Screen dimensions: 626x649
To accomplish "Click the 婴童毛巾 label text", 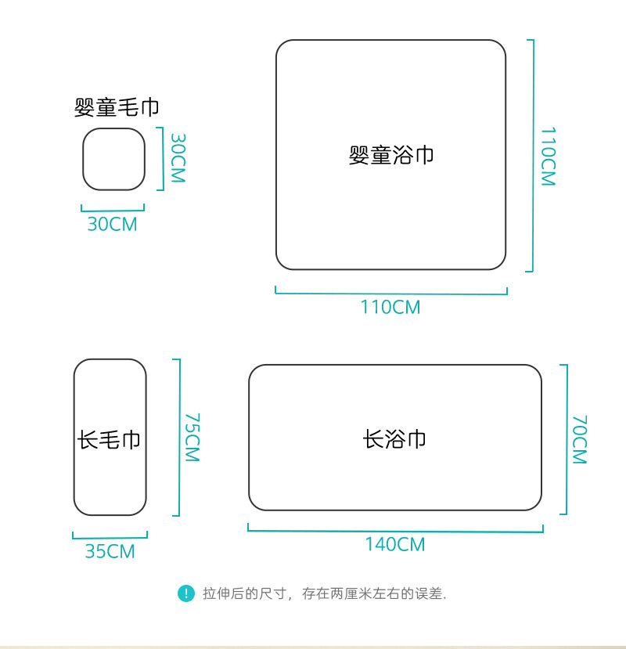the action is [116, 108].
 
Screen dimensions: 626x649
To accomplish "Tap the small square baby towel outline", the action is [114, 159].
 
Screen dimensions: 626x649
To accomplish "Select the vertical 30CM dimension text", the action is [178, 157].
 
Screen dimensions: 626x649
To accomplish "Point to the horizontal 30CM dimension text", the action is [112, 224].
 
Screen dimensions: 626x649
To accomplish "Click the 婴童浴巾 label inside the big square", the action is [391, 155].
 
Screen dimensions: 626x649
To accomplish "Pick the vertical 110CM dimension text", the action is [548, 157].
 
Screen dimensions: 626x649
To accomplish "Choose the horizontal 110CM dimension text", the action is [390, 307].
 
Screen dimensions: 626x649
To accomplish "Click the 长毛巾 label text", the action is [110, 439].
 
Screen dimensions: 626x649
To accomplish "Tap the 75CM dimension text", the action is [192, 438].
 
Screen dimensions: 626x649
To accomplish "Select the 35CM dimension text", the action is [110, 551].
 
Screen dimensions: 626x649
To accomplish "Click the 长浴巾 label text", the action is [395, 438].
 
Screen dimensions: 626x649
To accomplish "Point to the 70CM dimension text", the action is [579, 440].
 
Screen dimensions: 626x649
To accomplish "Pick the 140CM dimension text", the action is [395, 544].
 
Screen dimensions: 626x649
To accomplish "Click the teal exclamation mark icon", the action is [185, 593].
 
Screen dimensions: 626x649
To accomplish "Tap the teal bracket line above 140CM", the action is [395, 531].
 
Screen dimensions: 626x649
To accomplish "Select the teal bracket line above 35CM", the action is [110, 537].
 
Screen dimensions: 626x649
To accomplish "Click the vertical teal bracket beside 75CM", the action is [178, 438].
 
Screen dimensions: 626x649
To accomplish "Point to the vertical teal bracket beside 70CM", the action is [565, 439].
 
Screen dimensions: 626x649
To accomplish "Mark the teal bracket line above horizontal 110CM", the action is [391, 294].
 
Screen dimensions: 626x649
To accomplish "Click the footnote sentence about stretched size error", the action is [324, 594].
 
